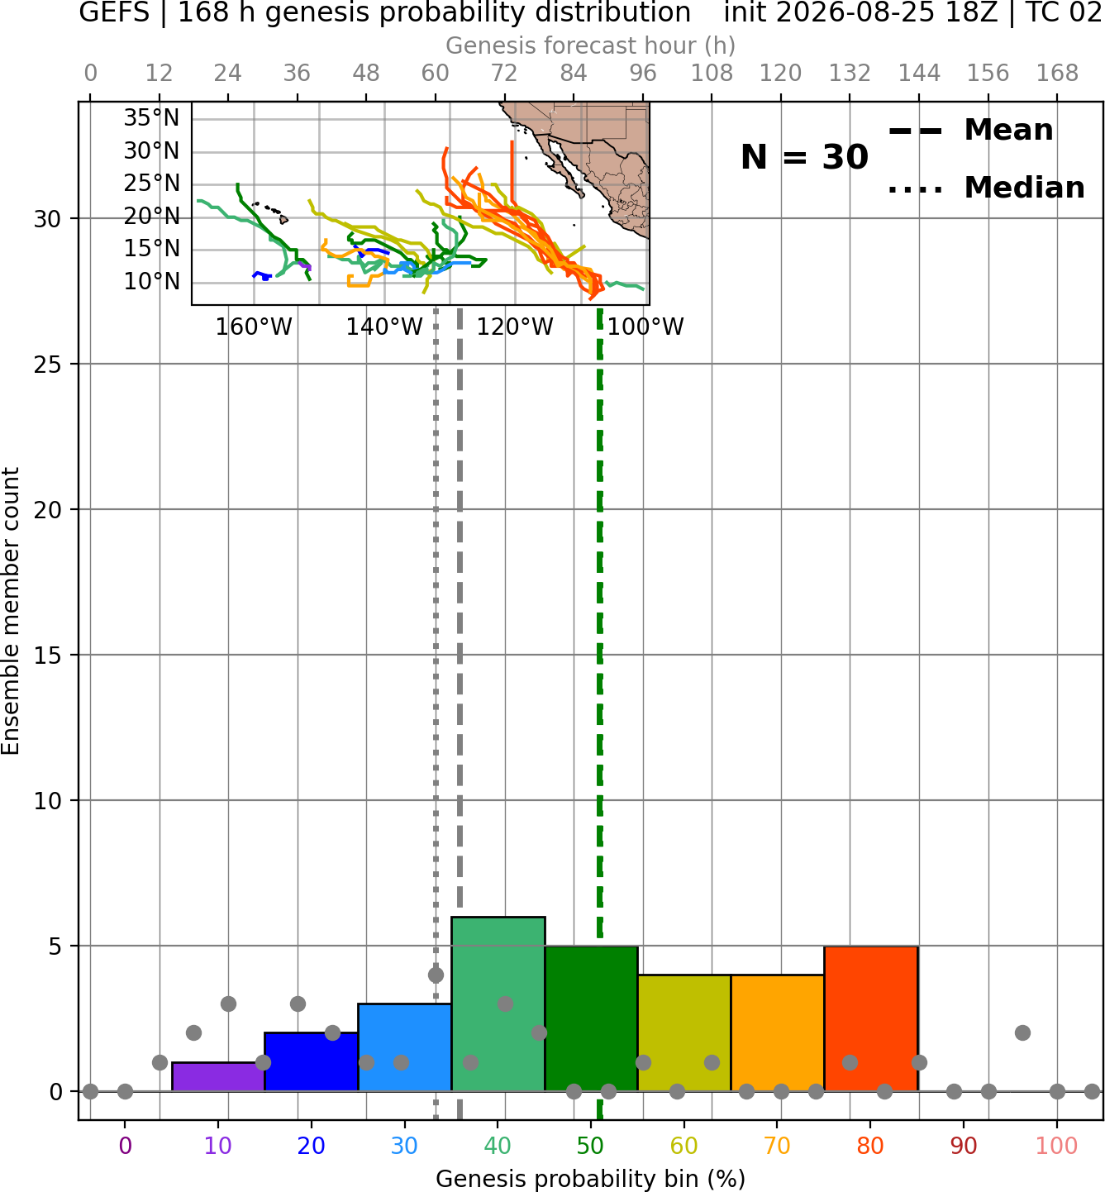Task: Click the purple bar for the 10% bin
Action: coord(218,1076)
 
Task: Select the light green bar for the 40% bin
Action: coord(498,1004)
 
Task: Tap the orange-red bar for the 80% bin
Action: coord(871,1018)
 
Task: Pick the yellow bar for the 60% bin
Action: coord(684,1033)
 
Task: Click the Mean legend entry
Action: coord(970,131)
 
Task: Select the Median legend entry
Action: coord(986,188)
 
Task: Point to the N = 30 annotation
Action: coord(804,157)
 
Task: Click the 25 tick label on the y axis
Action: coord(48,365)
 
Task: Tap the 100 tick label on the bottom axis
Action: coord(1057,1146)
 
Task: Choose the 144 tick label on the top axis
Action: coord(919,74)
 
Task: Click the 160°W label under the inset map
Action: coord(254,327)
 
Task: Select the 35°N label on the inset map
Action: coord(152,117)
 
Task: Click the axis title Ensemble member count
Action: coord(10,611)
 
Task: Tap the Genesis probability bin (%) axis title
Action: coord(591,1179)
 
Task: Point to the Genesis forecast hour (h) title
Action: coord(591,45)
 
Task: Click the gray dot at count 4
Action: coord(436,975)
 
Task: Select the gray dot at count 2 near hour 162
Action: coord(1023,1033)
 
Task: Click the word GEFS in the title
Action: coord(114,12)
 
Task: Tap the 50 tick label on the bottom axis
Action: coord(591,1146)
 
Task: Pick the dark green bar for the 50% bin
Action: coord(591,1018)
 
